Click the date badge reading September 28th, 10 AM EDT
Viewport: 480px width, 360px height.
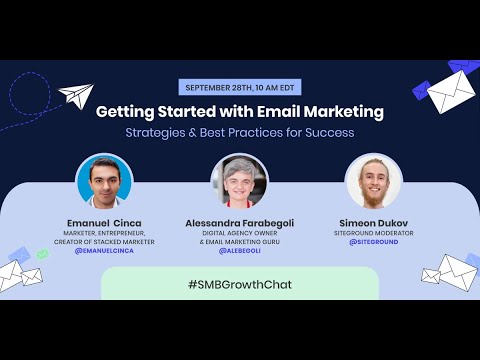(x=240, y=87)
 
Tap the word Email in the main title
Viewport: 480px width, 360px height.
(x=276, y=111)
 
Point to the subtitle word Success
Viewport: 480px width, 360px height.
(x=329, y=132)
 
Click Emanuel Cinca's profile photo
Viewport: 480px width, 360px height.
(x=105, y=181)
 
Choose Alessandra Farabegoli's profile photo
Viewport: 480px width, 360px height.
(x=240, y=181)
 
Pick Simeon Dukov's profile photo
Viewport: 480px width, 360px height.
(x=374, y=181)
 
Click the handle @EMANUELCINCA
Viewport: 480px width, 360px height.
(x=105, y=251)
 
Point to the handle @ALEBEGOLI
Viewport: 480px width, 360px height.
(x=240, y=251)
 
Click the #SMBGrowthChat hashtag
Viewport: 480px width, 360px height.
(x=240, y=285)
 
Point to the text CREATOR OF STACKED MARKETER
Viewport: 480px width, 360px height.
(x=105, y=243)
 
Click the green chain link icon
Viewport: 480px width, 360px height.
(x=41, y=255)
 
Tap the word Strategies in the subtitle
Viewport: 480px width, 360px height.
(x=156, y=132)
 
